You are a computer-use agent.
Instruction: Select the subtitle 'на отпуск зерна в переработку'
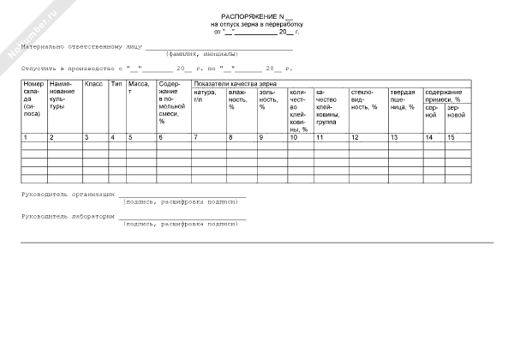[x=257, y=24]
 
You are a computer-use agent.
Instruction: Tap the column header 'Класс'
[x=93, y=84]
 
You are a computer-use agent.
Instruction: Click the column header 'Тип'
[x=116, y=84]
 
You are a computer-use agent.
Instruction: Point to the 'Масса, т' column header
[x=138, y=87]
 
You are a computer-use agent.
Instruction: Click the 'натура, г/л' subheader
[x=206, y=96]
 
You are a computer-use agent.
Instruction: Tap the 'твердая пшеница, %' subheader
[x=403, y=99]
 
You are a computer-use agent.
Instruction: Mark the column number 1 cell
[x=26, y=137]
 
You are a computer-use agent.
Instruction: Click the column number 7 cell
[x=196, y=137]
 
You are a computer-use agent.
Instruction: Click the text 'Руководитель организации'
[x=68, y=195]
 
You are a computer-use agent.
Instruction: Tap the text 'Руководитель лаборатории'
[x=68, y=217]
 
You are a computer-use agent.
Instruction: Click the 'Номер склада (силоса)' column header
[x=33, y=99]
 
